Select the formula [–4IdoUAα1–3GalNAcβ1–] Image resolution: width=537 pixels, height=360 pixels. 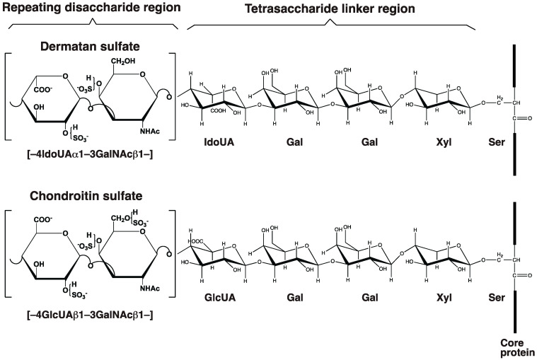point(88,149)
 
